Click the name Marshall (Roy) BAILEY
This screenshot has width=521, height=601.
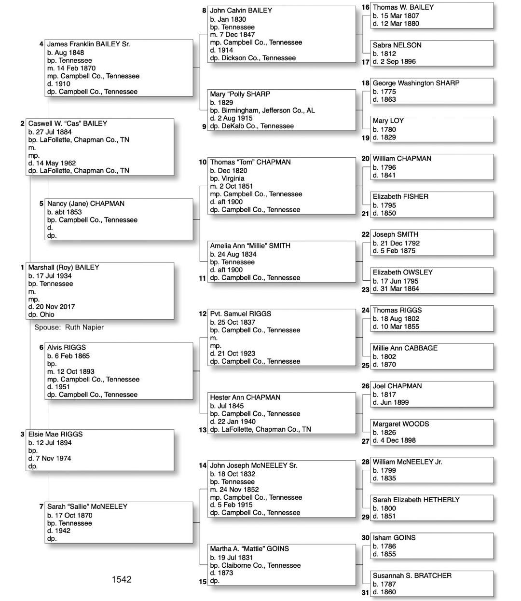(x=63, y=267)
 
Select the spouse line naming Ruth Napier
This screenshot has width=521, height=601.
(x=69, y=327)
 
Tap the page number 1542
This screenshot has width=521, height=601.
(x=122, y=579)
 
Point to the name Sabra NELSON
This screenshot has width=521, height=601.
(x=397, y=45)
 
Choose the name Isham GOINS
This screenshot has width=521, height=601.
(x=394, y=538)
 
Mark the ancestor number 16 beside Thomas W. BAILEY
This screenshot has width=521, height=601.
(x=365, y=7)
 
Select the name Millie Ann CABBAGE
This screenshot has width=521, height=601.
(x=405, y=348)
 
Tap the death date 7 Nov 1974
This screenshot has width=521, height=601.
(x=50, y=458)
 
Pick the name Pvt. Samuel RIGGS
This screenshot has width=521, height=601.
(x=240, y=314)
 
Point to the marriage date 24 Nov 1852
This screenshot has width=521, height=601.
(x=234, y=490)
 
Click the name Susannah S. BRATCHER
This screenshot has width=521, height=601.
(x=412, y=575)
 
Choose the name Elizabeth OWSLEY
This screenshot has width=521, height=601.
(x=402, y=273)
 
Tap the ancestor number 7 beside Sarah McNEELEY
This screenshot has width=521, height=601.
(x=41, y=506)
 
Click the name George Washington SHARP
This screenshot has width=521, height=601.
(x=416, y=83)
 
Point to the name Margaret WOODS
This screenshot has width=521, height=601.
(x=400, y=424)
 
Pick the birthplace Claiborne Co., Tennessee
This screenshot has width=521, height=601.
(x=261, y=565)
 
